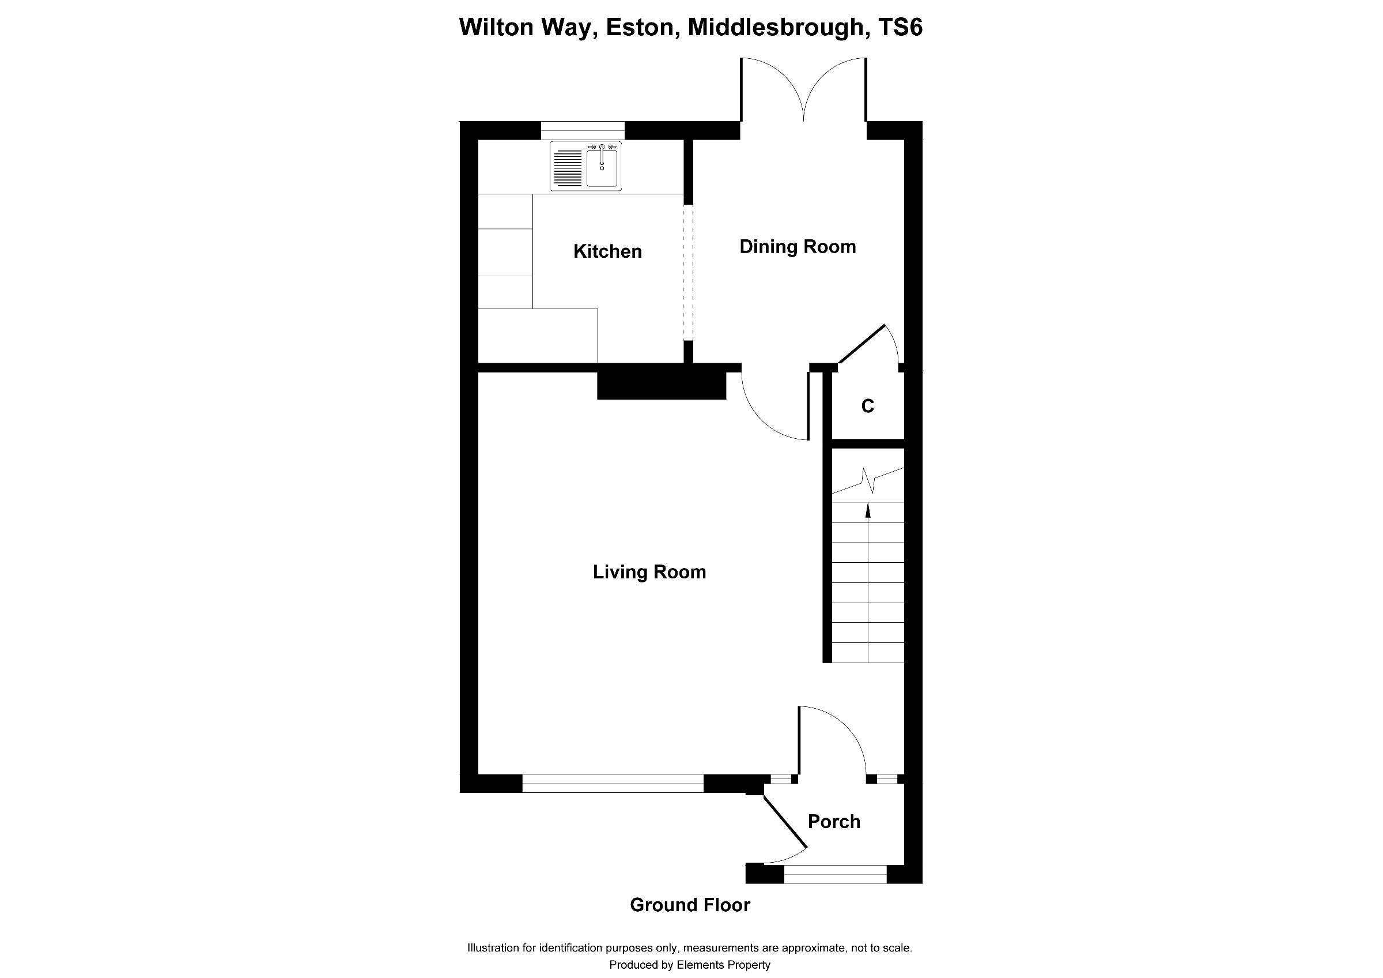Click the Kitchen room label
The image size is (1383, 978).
pos(607,251)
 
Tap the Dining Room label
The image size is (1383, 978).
pos(798,246)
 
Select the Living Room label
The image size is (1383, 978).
pos(649,572)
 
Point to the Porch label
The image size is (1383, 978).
pos(834,821)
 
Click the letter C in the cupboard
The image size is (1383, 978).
pos(867,407)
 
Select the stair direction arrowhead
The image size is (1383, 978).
pos(868,510)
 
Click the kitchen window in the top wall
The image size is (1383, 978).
pos(583,130)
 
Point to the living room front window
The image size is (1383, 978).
pos(612,783)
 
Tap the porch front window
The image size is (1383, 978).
pos(835,874)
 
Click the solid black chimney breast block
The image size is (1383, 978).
pos(662,386)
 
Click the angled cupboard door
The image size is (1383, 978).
pos(862,345)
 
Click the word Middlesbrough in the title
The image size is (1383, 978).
pos(777,28)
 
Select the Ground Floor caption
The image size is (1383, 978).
pos(690,905)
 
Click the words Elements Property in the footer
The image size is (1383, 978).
pos(723,965)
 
